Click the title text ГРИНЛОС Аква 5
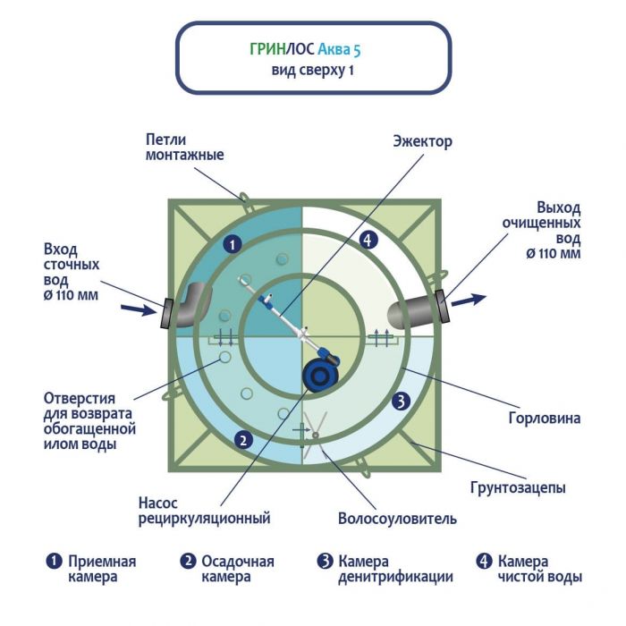pyautogui.click(x=312, y=50)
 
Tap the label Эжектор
pyautogui.click(x=423, y=141)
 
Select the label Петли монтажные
pyautogui.click(x=184, y=147)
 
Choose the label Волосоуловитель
pyautogui.click(x=397, y=518)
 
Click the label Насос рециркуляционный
pyautogui.click(x=204, y=510)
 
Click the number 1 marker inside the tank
pyautogui.click(x=232, y=243)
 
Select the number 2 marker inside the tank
pyautogui.click(x=241, y=438)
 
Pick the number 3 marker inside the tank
pyautogui.click(x=402, y=402)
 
